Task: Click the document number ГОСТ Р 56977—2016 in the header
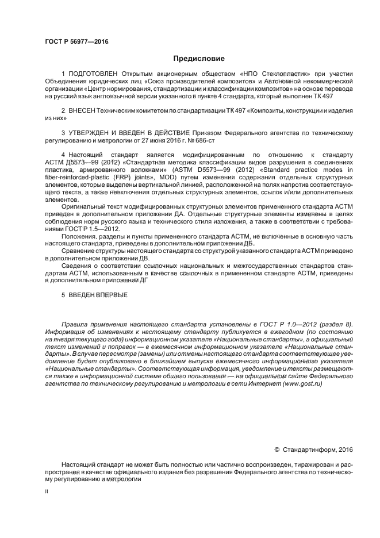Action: [76, 42]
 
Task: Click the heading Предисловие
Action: [199, 59]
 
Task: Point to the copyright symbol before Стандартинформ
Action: [277, 449]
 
